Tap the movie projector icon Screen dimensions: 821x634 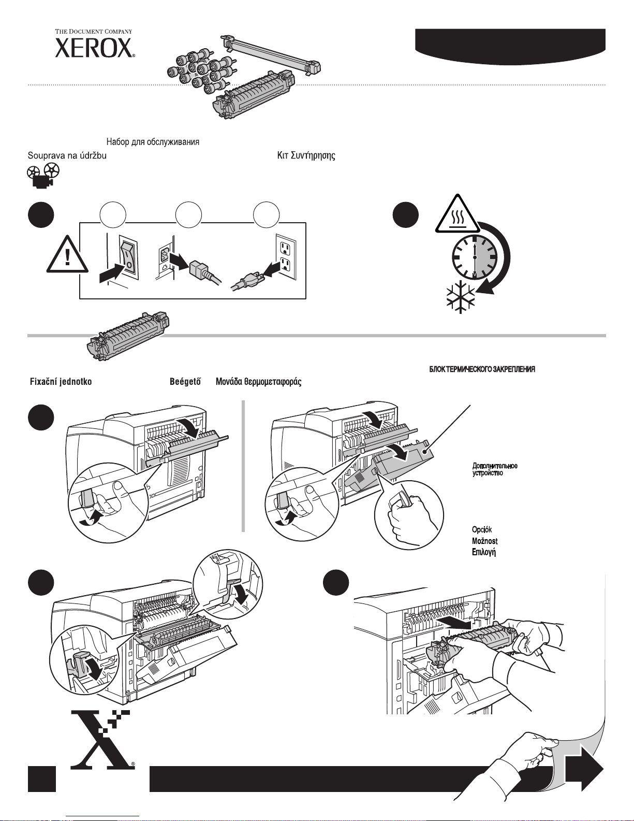[x=43, y=175]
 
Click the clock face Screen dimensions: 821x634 [x=475, y=256]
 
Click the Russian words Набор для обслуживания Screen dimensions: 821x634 [x=153, y=142]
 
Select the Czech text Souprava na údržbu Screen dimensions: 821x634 [x=67, y=155]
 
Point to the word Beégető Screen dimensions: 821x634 [x=185, y=382]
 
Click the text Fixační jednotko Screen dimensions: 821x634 [x=60, y=382]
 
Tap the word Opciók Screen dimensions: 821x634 [x=481, y=530]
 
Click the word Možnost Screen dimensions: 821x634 [x=484, y=541]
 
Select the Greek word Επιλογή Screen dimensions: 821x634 [x=484, y=552]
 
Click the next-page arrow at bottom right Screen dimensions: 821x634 [x=583, y=768]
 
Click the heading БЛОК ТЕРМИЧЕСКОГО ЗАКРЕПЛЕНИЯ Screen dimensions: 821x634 [x=482, y=369]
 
